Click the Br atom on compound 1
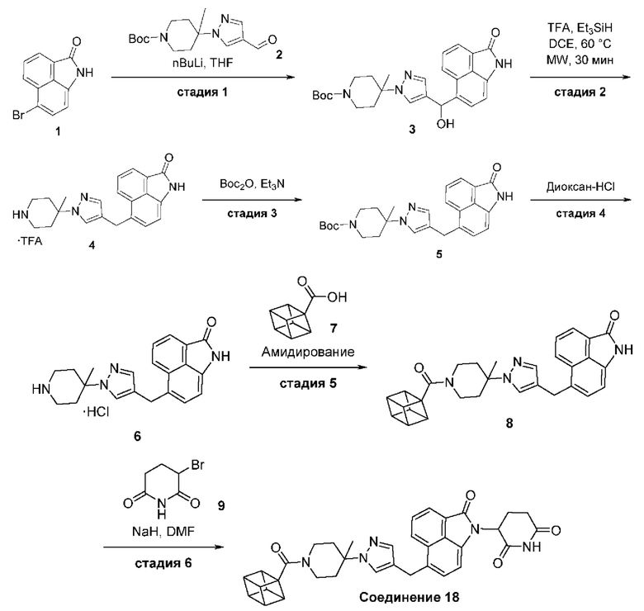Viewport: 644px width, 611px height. (18, 116)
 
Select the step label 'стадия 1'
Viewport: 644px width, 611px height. (202, 92)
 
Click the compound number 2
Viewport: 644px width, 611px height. (279, 54)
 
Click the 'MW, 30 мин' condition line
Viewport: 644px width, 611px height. (580, 60)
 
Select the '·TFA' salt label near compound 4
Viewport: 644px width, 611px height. (30, 241)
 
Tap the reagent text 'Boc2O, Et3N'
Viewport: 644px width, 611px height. (252, 184)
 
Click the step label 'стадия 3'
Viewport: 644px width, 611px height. (252, 214)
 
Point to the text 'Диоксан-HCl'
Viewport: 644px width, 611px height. (580, 187)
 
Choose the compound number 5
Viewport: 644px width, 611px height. (439, 254)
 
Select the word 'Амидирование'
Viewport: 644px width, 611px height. (308, 352)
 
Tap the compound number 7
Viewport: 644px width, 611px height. (333, 328)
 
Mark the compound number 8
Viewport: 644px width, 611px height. (509, 424)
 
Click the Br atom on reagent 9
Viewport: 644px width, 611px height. (197, 466)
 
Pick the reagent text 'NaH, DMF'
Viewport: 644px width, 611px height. (163, 533)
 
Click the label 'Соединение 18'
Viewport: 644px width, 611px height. (409, 597)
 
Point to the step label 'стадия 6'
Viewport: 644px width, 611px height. (163, 563)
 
